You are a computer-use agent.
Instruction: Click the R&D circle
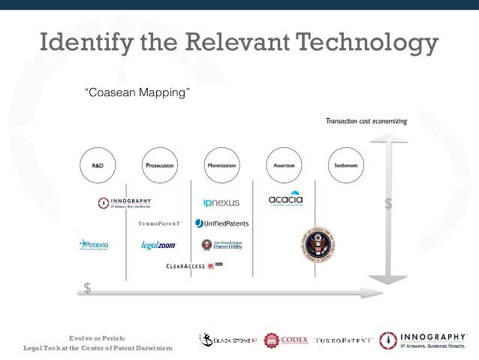click(98, 165)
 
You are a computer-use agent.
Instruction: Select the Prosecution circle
click(158, 165)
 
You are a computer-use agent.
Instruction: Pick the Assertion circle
click(284, 165)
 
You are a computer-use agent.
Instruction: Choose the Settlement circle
click(346, 165)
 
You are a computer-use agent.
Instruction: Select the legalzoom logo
click(158, 245)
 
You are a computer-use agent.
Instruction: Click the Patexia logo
click(94, 244)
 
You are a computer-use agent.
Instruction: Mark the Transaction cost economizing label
click(366, 120)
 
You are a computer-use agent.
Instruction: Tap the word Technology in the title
click(359, 44)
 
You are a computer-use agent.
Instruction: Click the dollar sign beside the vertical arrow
click(388, 204)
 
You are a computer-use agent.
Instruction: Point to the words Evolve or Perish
click(97, 337)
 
